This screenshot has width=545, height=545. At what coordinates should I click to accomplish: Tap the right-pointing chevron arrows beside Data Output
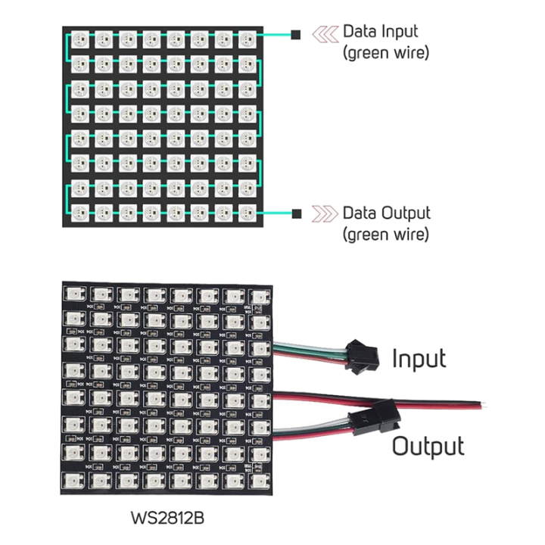click(325, 213)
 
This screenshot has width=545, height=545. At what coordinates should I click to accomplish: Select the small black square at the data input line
click(296, 35)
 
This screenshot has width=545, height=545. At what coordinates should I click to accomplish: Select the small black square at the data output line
click(296, 213)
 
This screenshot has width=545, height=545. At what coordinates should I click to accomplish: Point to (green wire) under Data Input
click(386, 54)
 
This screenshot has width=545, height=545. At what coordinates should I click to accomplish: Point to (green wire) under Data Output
click(386, 235)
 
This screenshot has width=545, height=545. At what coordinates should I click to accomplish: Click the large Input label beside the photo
click(419, 358)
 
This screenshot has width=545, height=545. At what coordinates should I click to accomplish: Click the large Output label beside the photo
click(428, 446)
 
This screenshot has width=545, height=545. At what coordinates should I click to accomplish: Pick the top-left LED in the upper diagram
click(79, 38)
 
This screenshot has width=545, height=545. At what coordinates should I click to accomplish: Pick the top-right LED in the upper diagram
click(247, 38)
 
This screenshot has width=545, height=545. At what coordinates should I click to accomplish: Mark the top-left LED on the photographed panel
click(75, 294)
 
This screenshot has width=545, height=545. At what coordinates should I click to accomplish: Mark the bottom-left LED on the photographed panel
click(75, 481)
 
